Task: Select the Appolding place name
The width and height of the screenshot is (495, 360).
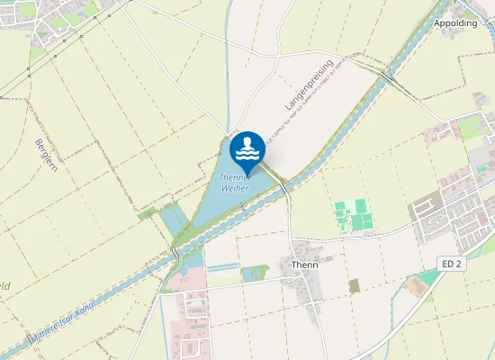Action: point(455,22)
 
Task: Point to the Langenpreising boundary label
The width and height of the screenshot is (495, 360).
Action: point(309,85)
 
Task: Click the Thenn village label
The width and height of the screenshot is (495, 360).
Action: point(305,265)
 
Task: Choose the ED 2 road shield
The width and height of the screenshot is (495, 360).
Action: point(452,263)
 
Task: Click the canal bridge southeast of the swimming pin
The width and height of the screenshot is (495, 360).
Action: point(283,186)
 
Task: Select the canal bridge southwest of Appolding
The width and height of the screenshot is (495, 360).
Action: point(387,76)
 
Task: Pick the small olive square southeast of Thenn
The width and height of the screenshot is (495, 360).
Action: point(354,285)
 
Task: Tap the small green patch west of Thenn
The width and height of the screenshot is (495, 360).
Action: point(256,273)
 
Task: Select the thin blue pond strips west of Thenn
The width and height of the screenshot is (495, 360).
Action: point(223,267)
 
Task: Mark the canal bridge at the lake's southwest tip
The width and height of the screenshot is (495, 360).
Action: point(173,252)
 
